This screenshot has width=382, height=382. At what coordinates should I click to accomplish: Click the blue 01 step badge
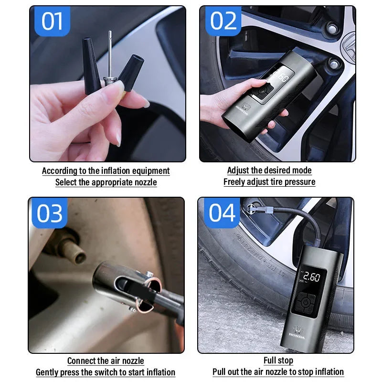[53, 21]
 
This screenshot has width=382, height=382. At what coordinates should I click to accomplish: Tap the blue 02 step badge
[223, 21]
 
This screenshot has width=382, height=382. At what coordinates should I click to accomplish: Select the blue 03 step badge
[50, 213]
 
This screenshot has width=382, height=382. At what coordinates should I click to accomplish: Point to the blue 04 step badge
[222, 212]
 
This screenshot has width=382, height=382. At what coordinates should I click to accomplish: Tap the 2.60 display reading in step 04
[311, 277]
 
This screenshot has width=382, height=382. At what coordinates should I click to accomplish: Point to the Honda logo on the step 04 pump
[297, 332]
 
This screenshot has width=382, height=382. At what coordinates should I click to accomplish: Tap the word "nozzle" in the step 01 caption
[146, 182]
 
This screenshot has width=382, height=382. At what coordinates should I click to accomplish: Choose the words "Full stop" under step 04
[278, 361]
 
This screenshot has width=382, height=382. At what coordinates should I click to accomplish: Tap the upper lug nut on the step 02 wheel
[332, 29]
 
